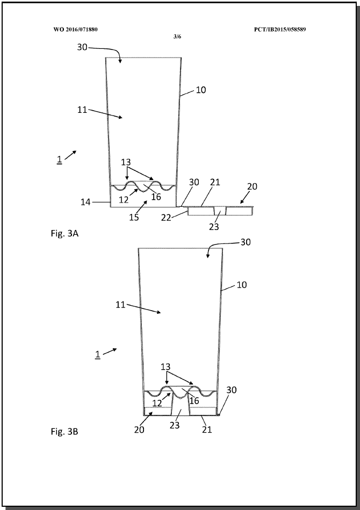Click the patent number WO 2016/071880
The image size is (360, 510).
pyautogui.click(x=75, y=30)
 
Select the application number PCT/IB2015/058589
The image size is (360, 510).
pyautogui.click(x=280, y=30)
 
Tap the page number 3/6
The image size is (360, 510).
pyautogui.click(x=177, y=37)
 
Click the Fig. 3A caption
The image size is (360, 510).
pyautogui.click(x=64, y=233)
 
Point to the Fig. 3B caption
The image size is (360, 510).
pyautogui.click(x=64, y=432)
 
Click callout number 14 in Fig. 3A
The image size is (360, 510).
pyautogui.click(x=85, y=202)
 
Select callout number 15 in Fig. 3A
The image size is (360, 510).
pyautogui.click(x=134, y=217)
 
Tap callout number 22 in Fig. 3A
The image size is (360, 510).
pyautogui.click(x=166, y=218)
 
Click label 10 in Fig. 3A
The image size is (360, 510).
pyautogui.click(x=201, y=90)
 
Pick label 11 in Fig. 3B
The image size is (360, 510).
pyautogui.click(x=121, y=305)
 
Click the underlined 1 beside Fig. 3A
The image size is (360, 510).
pyautogui.click(x=59, y=160)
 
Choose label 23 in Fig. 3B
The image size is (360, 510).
pyautogui.click(x=175, y=425)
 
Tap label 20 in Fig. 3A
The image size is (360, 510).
pyautogui.click(x=252, y=186)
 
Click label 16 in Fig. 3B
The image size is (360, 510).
pyautogui.click(x=194, y=400)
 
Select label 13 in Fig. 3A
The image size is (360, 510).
pyautogui.click(x=126, y=162)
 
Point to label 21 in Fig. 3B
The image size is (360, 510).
pyautogui.click(x=207, y=430)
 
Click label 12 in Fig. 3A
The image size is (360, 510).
pyautogui.click(x=124, y=199)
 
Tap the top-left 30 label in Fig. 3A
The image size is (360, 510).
pyautogui.click(x=82, y=47)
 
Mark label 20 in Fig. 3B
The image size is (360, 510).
pyautogui.click(x=139, y=430)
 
